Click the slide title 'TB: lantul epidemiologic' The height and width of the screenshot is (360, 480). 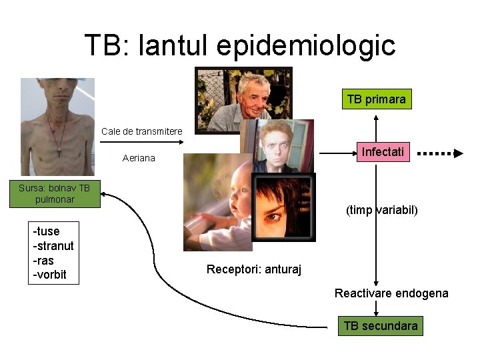[x=240, y=45]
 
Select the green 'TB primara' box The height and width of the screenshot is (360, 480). [x=376, y=99]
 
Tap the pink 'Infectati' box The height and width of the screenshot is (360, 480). [x=382, y=152]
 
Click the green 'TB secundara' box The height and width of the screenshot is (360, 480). [x=380, y=326]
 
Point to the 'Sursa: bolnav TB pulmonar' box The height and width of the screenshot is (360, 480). [x=55, y=193]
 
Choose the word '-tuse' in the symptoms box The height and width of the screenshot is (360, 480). [x=47, y=231]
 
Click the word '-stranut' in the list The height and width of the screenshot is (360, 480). [x=53, y=246]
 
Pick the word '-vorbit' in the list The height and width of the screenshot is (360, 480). [x=50, y=275]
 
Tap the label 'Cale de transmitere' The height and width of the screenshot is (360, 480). [x=141, y=131]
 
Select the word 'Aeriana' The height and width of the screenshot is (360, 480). [x=139, y=158]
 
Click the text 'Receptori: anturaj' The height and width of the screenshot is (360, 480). [x=254, y=269]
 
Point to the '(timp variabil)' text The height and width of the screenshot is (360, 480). [x=382, y=210]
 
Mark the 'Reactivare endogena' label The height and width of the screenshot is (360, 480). [x=391, y=293]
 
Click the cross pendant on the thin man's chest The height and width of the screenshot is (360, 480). [x=59, y=152]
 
